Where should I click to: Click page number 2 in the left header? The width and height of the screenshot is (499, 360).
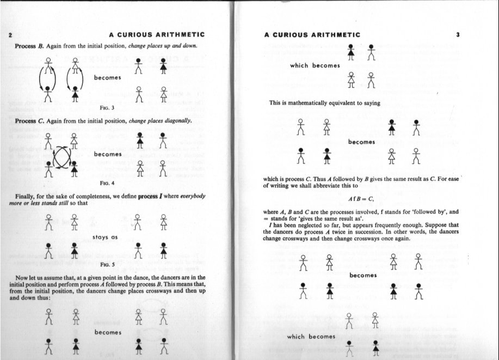coord(11,35)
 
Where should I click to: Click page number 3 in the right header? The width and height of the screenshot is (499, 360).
coord(458,35)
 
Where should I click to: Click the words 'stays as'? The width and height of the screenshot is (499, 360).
coord(106,237)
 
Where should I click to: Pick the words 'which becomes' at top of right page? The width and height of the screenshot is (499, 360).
coord(315,65)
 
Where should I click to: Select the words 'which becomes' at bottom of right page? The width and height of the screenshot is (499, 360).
coord(311,337)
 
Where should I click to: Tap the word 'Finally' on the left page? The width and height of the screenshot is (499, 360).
coord(27,196)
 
